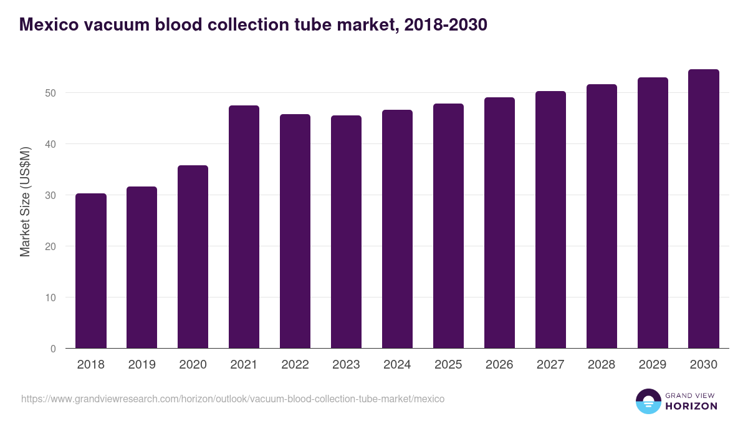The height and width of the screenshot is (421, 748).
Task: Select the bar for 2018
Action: click(x=91, y=271)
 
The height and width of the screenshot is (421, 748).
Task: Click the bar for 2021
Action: click(x=244, y=227)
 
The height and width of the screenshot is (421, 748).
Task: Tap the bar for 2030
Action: click(x=704, y=209)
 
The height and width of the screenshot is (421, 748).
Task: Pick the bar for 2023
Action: click(x=346, y=232)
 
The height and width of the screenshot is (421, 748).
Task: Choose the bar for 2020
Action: click(x=193, y=257)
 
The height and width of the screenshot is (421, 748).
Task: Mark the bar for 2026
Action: click(x=499, y=223)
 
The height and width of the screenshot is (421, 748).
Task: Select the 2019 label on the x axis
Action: click(x=141, y=365)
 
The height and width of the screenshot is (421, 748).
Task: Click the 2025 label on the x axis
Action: click(x=448, y=365)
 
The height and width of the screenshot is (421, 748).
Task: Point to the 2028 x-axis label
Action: click(x=602, y=365)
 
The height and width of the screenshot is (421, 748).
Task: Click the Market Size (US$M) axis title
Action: click(x=25, y=201)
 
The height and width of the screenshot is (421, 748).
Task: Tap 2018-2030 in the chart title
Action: click(x=446, y=25)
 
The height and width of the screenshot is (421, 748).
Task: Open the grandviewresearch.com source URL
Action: click(x=233, y=399)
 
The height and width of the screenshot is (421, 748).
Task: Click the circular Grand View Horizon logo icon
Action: click(x=648, y=401)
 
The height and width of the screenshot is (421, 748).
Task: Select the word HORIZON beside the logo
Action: click(x=691, y=406)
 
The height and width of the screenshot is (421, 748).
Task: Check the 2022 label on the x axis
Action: click(x=295, y=365)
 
